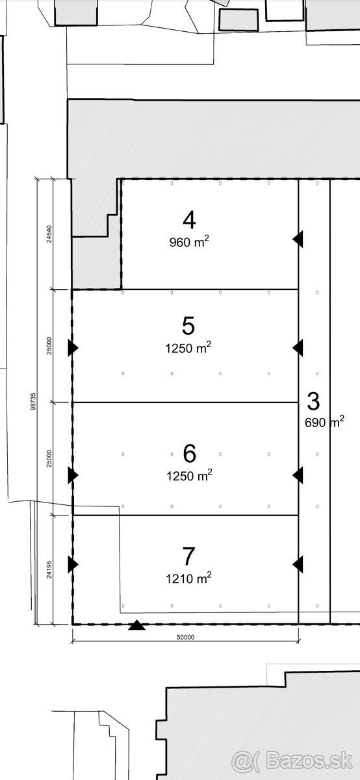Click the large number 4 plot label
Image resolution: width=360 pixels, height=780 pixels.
(189, 220)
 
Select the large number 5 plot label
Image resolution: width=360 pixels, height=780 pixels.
(188, 326)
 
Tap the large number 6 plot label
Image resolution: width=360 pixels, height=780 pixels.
(189, 454)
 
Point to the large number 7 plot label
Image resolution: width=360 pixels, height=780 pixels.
(188, 556)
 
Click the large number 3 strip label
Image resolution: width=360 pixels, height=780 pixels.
(313, 401)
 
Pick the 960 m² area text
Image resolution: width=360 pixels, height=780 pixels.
(189, 242)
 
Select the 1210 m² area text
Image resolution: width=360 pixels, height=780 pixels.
(188, 578)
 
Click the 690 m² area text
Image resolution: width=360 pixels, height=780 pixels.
(324, 422)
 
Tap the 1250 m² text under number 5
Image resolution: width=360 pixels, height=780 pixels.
(188, 348)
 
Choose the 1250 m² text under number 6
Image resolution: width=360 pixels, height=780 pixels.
(189, 475)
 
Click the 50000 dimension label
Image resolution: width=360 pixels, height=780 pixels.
(186, 637)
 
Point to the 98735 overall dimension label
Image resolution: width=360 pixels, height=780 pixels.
(33, 402)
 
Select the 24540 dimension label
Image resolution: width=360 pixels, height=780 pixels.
(49, 235)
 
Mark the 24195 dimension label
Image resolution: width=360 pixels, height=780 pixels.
(49, 569)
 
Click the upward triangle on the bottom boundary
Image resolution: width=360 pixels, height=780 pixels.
(137, 626)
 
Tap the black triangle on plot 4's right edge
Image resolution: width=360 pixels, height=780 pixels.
(298, 239)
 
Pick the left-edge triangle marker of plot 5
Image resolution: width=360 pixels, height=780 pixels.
(73, 348)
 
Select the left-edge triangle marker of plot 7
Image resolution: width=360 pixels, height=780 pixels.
(73, 564)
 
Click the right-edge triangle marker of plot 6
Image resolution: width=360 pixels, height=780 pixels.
(298, 475)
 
